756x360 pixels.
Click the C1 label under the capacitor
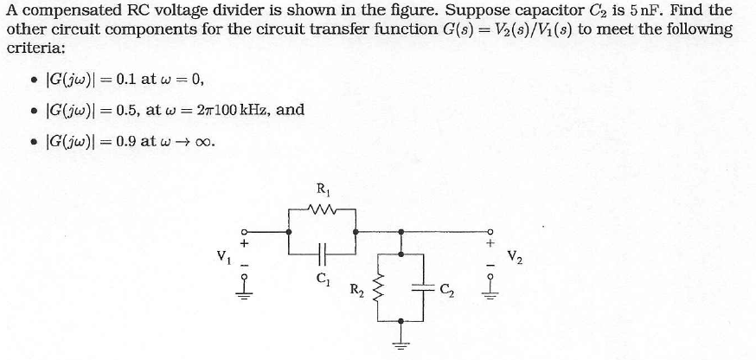322,278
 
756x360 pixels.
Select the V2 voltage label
516,256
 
